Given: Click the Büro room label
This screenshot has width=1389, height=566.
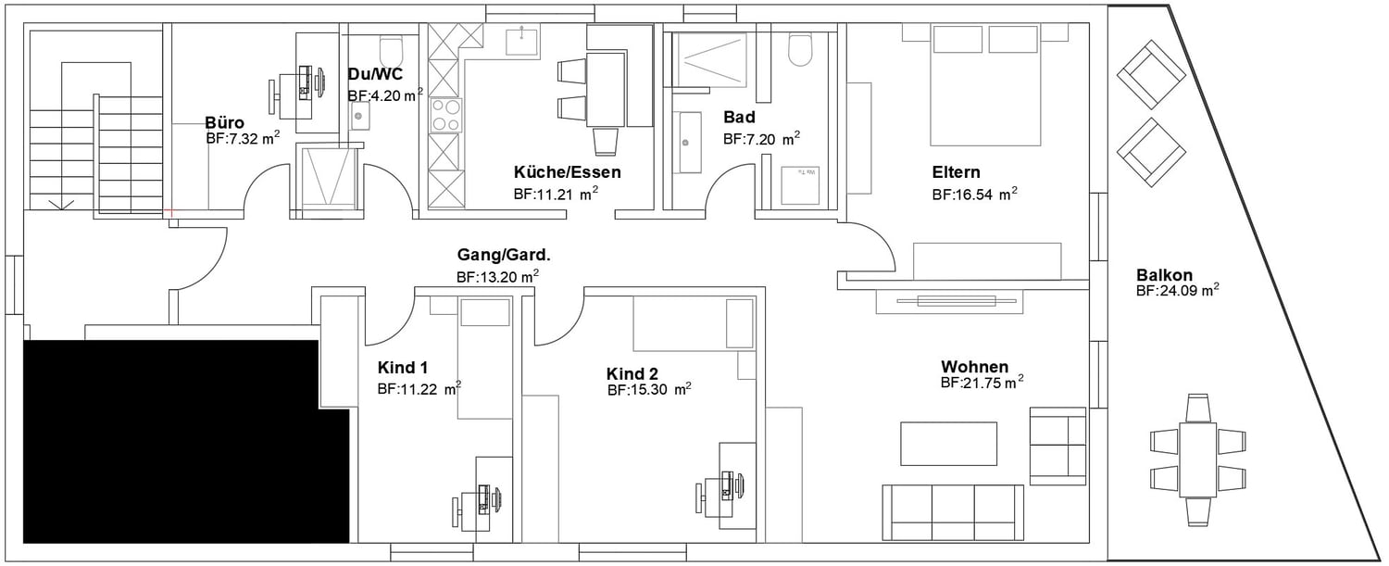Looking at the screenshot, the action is click(224, 122).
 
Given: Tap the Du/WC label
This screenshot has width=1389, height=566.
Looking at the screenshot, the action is click(375, 74).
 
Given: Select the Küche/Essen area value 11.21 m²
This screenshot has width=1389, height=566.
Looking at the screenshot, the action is click(556, 194).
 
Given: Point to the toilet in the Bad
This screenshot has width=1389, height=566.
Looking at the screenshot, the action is click(800, 50).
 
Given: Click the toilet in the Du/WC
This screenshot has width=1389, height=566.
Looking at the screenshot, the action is click(392, 52).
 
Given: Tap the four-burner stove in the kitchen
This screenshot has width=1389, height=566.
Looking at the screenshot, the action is click(446, 116).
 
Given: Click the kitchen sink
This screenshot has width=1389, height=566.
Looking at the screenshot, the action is click(522, 41).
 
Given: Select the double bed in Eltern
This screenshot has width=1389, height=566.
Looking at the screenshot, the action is click(984, 85).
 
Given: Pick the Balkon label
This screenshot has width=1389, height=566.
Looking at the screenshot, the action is click(1164, 275).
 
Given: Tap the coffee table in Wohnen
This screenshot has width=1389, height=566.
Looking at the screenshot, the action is click(948, 443).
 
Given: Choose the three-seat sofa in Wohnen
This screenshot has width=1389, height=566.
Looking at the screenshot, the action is click(953, 512).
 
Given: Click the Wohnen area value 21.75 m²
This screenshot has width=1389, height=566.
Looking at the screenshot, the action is click(982, 383).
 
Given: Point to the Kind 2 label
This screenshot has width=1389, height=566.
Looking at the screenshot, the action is click(632, 374).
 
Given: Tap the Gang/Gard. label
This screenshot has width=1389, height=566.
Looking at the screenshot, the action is click(504, 255).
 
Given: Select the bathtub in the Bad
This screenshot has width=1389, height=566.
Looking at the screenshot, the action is click(689, 143).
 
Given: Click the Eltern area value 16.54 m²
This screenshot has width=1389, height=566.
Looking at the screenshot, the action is click(975, 195).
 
